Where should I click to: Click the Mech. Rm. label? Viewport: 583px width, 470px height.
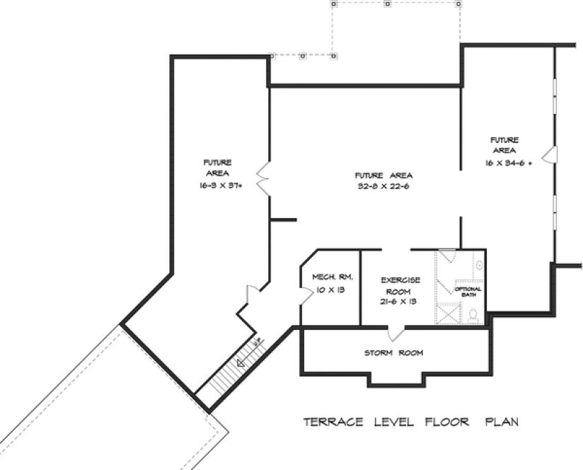tap(326, 277)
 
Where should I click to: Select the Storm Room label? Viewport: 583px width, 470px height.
tap(394, 352)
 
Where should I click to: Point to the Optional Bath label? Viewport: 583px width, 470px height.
tap(468, 291)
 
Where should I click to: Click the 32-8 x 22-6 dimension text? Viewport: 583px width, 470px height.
tap(384, 187)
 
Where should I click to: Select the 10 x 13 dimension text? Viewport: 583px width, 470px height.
tap(326, 290)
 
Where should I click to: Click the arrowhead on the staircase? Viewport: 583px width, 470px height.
tap(241, 363)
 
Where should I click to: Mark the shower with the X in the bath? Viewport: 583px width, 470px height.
tap(447, 312)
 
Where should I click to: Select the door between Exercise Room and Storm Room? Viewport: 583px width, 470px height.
tap(396, 331)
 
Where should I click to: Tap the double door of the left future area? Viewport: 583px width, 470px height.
tap(262, 178)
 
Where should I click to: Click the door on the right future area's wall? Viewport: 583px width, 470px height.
tap(552, 154)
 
